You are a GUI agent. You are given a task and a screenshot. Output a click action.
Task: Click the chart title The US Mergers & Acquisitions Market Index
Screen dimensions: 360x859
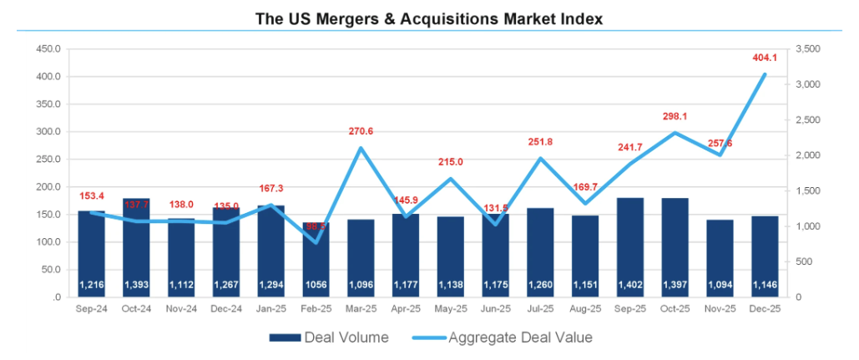pos(430,17)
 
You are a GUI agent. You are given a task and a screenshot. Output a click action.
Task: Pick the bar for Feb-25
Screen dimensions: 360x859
pos(316,259)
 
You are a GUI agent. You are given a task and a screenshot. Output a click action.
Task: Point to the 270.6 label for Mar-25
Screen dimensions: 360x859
pos(361,131)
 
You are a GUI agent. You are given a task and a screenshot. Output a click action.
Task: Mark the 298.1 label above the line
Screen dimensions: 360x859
pos(675,117)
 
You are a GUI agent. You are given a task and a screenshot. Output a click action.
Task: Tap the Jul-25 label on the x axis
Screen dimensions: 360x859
pos(540,309)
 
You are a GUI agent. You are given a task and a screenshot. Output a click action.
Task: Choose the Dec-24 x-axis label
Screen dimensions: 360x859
pos(226,309)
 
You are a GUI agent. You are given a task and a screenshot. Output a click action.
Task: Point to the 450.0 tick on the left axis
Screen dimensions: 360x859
pos(48,49)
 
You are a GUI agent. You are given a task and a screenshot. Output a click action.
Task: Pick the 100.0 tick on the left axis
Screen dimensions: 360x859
pos(48,242)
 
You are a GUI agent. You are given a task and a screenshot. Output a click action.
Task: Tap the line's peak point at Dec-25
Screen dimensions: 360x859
pos(764,74)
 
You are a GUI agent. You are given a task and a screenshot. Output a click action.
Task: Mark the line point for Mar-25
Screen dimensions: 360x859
pos(361,148)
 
